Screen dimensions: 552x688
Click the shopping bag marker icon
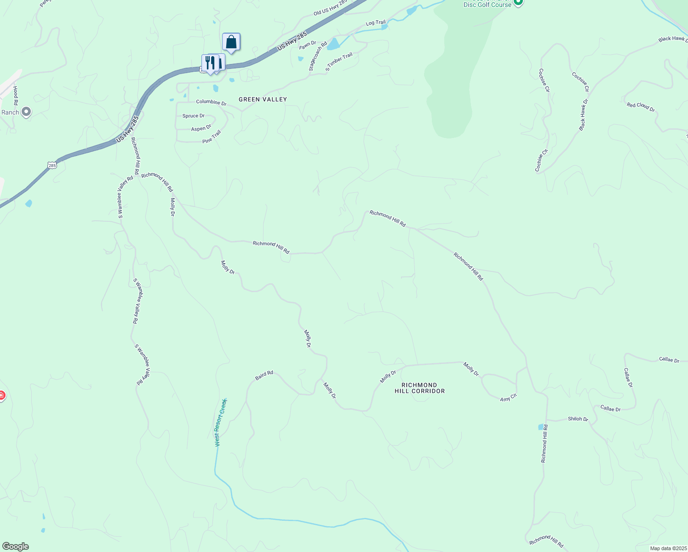pyautogui.click(x=231, y=42)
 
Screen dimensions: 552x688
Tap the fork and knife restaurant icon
pyautogui.click(x=209, y=63)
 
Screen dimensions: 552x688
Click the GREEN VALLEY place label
pyautogui.click(x=263, y=99)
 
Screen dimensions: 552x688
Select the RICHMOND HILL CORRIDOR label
pyautogui.click(x=419, y=388)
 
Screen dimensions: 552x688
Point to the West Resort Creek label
pyautogui.click(x=221, y=422)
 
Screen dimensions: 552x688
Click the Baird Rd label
pyautogui.click(x=264, y=376)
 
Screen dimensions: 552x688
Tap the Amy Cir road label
pyautogui.click(x=508, y=397)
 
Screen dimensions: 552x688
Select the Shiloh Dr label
pyautogui.click(x=578, y=419)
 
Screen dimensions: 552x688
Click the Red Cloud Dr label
pyautogui.click(x=641, y=107)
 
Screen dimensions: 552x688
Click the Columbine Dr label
pyautogui.click(x=211, y=102)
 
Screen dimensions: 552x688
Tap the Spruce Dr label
pyautogui.click(x=193, y=116)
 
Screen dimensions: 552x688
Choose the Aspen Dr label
pyautogui.click(x=201, y=128)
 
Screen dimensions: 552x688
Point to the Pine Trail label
pyautogui.click(x=212, y=137)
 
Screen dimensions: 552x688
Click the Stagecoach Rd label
pyautogui.click(x=318, y=56)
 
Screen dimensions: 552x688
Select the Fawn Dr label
pyautogui.click(x=308, y=45)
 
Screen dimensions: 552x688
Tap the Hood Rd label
pyautogui.click(x=16, y=95)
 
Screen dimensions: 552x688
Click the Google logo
pyautogui.click(x=16, y=546)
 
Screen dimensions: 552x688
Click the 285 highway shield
pyautogui.click(x=52, y=165)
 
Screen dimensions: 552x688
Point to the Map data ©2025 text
pyautogui.click(x=668, y=548)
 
